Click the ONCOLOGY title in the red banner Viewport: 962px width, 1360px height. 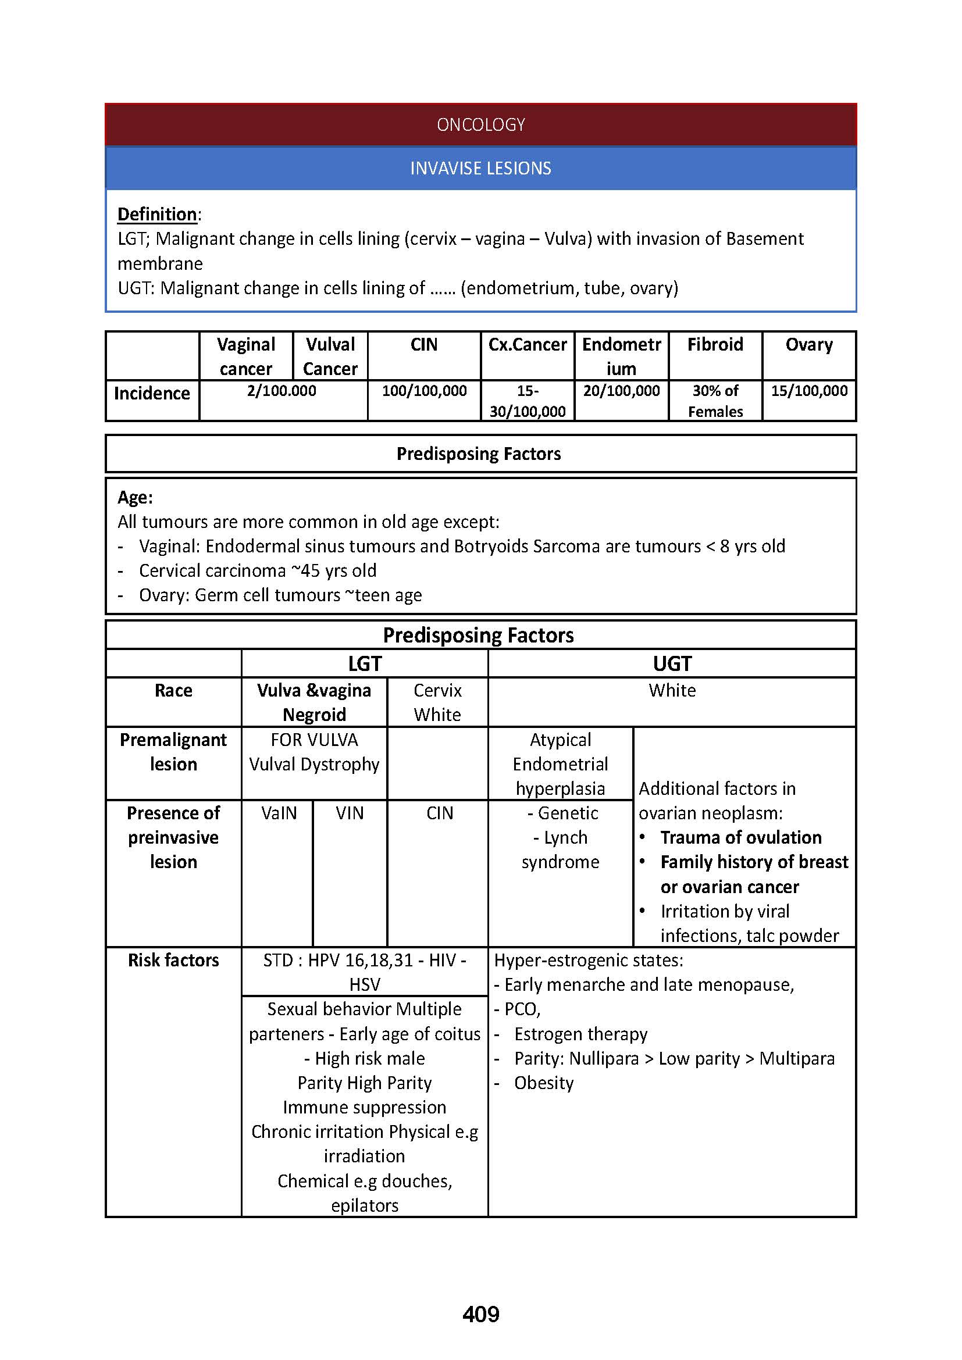(480, 124)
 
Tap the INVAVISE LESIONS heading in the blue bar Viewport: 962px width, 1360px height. (480, 168)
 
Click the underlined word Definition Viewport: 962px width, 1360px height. (157, 214)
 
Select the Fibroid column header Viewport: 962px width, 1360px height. (714, 344)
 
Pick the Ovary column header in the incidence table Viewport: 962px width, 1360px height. (808, 344)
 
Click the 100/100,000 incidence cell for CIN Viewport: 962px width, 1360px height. (424, 391)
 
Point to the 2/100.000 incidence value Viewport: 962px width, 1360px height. (282, 391)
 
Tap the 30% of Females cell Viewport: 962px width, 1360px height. (715, 401)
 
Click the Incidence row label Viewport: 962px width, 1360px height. (152, 393)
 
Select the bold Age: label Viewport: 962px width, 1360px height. (135, 497)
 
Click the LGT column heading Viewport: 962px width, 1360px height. (364, 663)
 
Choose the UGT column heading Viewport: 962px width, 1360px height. (672, 663)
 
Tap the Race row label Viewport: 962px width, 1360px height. (173, 690)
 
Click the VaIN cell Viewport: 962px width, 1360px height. (279, 813)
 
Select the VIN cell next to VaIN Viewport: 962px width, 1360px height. (350, 813)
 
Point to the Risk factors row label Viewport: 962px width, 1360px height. (173, 959)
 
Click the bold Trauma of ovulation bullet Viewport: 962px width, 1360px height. (740, 837)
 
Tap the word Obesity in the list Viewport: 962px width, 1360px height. (544, 1083)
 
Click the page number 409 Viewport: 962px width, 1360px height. (480, 1315)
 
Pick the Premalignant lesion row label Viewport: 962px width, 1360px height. (173, 752)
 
